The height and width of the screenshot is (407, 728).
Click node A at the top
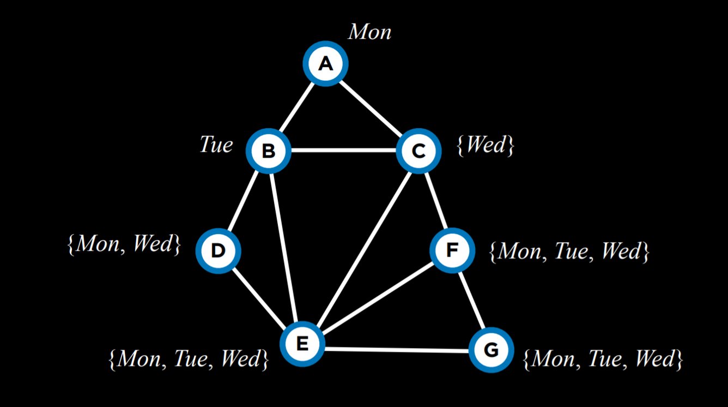pos(325,64)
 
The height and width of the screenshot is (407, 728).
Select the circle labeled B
pos(269,151)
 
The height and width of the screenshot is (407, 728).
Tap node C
pos(418,151)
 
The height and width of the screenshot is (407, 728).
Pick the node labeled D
pos(218,251)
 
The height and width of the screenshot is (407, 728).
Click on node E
pos(302,344)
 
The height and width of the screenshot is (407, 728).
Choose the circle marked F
pos(452,250)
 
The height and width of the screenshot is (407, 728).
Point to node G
pos(492,350)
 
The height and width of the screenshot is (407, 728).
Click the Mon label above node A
pos(370,32)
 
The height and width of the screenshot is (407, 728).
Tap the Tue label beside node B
pos(216,145)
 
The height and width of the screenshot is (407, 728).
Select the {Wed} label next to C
pos(485,146)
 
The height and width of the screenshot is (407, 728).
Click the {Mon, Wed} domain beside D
pos(124,244)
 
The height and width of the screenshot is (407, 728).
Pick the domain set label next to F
pos(569,251)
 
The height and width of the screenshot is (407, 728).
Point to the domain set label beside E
pos(189,359)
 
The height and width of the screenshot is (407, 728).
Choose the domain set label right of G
pos(603,359)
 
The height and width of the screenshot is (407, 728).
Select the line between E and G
pos(397,348)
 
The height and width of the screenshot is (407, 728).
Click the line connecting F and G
pos(472,300)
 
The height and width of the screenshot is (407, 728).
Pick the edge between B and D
pos(244,200)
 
